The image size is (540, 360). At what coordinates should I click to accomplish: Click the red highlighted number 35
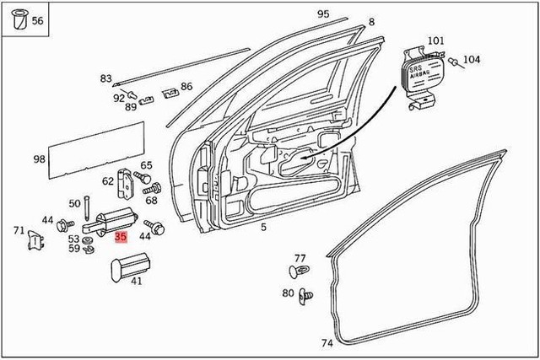point(121,238)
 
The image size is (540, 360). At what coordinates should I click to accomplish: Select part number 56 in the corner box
point(37,21)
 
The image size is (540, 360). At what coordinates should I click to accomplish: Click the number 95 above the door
point(323,14)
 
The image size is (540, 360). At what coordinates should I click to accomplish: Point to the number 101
point(435,40)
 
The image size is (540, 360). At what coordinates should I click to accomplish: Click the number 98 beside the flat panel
point(39,159)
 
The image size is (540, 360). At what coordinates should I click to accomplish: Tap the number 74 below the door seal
point(327,343)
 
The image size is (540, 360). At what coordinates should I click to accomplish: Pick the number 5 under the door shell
point(263,228)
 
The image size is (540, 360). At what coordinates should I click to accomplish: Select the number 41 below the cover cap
point(136,281)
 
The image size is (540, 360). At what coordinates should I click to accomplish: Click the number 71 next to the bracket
point(19,230)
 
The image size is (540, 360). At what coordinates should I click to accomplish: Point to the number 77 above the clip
point(300,257)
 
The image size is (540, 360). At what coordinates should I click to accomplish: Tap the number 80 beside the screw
point(288,293)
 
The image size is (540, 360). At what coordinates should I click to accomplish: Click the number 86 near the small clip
point(186,86)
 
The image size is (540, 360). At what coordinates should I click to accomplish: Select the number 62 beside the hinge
point(108,180)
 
